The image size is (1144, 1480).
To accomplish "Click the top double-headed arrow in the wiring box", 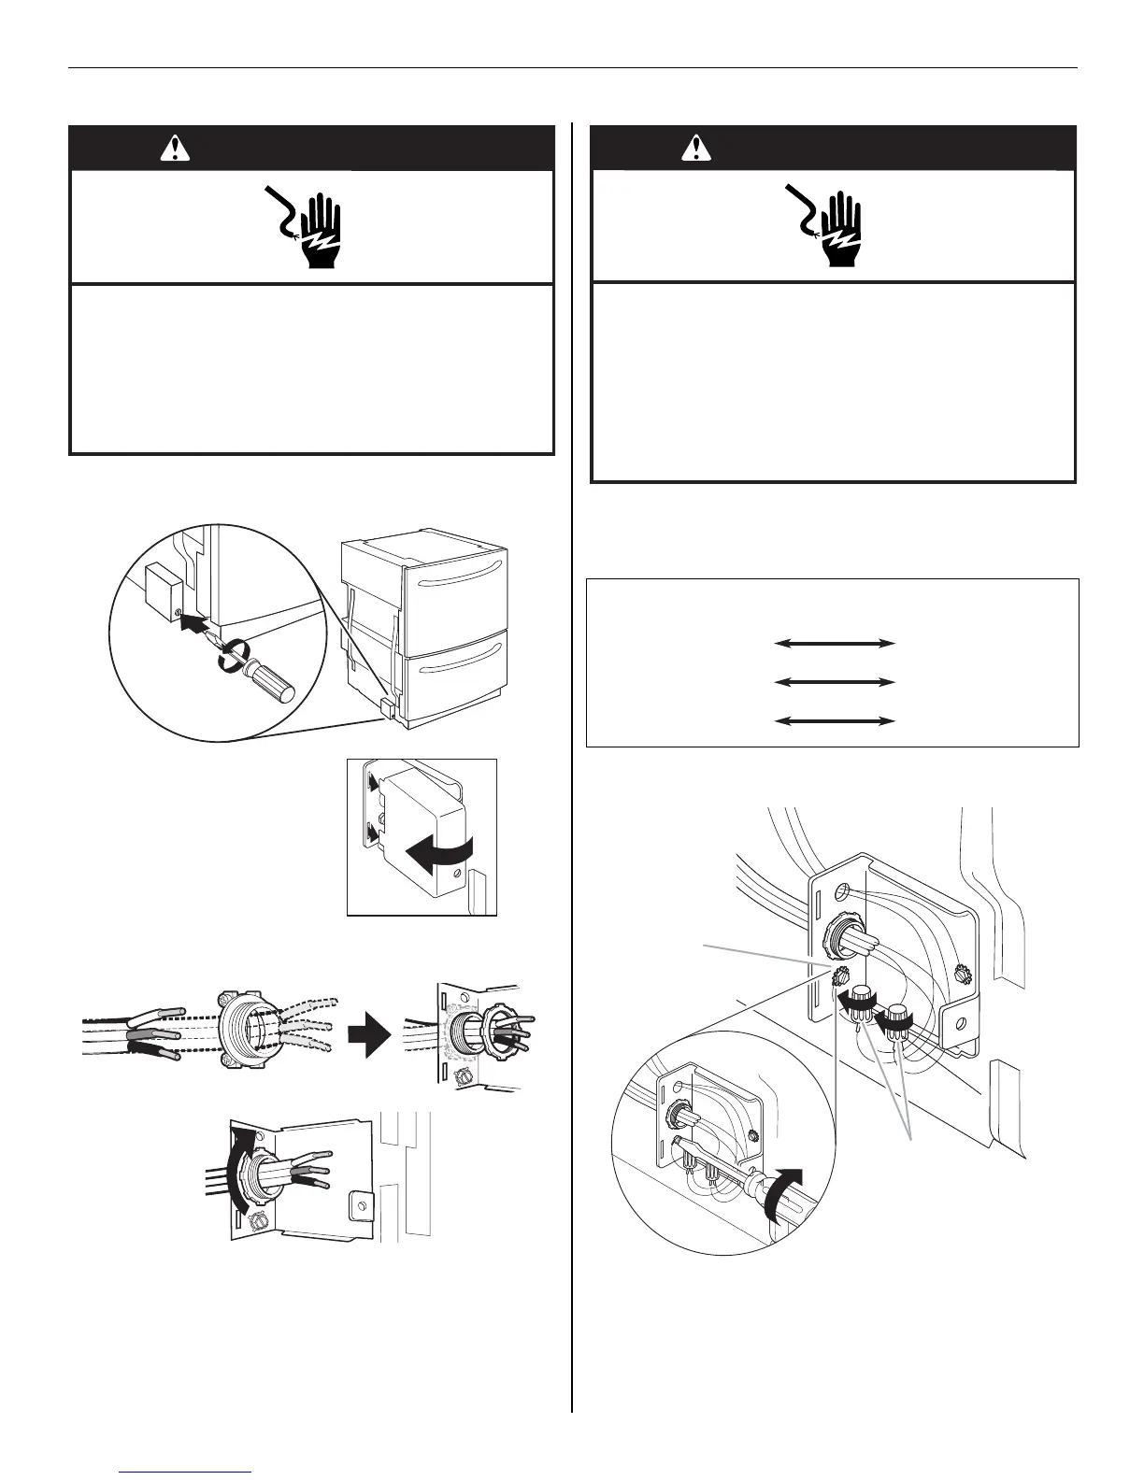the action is pos(835,644).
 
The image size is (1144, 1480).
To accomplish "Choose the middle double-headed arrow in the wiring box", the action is pos(835,683).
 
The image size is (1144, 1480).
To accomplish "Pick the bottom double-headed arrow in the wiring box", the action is pos(835,721).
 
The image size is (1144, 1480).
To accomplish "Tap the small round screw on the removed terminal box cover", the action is pos(457,875).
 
